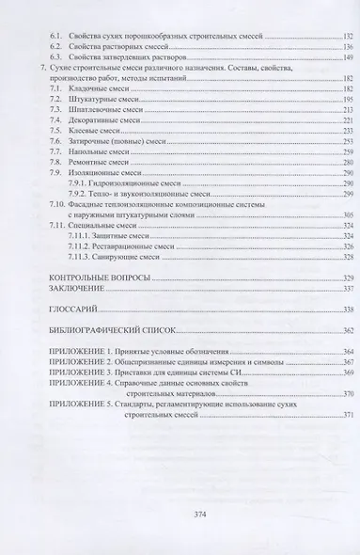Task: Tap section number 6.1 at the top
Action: click(56, 33)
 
